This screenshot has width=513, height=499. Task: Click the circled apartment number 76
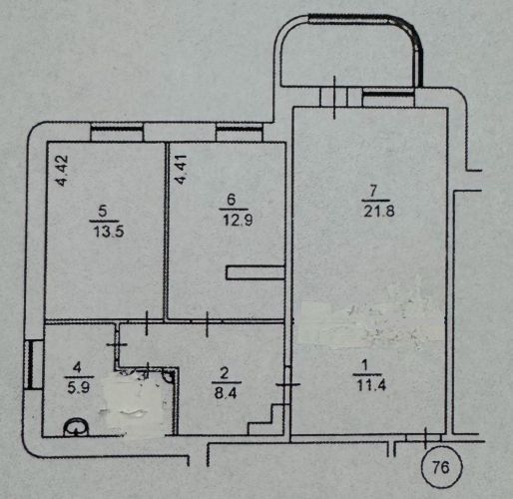[x=442, y=467]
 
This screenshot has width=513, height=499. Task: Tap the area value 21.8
[x=379, y=212]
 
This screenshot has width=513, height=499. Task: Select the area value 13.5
[x=109, y=232]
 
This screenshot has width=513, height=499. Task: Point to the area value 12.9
[x=238, y=220]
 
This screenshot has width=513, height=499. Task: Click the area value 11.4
[x=371, y=385]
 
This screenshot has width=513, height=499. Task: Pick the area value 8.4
[x=226, y=393]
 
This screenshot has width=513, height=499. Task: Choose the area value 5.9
[x=79, y=387]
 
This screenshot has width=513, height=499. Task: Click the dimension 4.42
[x=63, y=171]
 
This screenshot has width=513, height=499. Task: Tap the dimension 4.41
[x=183, y=170]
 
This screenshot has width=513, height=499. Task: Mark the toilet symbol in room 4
[x=77, y=427]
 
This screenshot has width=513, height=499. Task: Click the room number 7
[x=373, y=192]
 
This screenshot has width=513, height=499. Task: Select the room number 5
[x=103, y=211]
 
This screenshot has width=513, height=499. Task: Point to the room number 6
[x=231, y=200]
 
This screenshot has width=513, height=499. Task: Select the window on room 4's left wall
[x=32, y=364]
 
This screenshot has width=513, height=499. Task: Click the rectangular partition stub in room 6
[x=256, y=272]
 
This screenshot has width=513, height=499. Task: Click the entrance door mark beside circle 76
[x=425, y=438]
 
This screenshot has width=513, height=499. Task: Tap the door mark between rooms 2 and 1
[x=287, y=384]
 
